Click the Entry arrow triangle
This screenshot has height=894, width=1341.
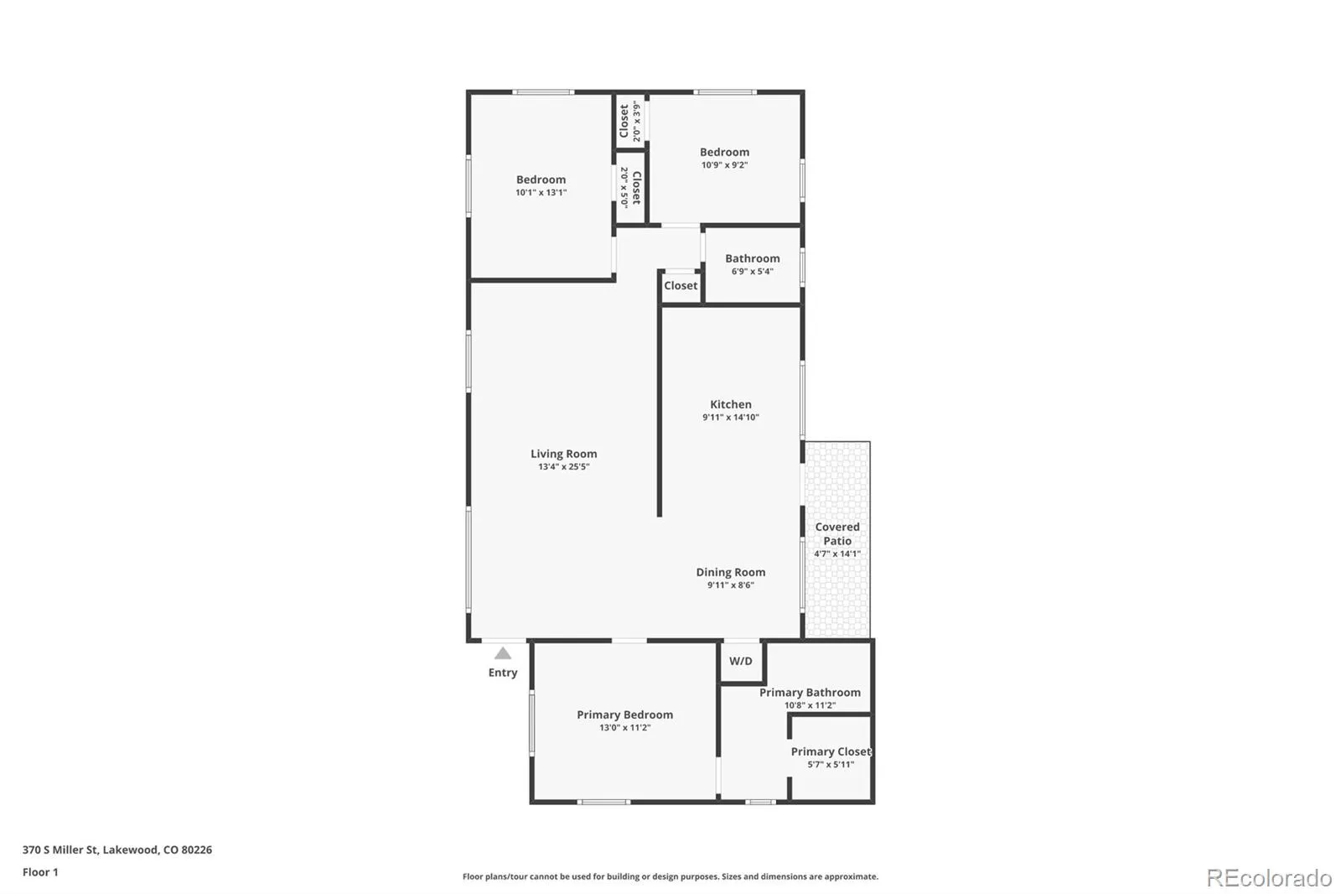[x=503, y=653]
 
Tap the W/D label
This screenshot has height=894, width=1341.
[x=741, y=661]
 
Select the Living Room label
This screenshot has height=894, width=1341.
[x=563, y=454]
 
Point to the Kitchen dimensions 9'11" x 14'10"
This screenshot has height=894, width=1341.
[x=730, y=417]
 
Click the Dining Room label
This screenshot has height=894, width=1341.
[x=730, y=572]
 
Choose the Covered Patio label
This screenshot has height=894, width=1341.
[x=837, y=534]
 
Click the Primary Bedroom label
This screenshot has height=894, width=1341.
[x=625, y=715]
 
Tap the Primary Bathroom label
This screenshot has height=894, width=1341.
[x=810, y=693]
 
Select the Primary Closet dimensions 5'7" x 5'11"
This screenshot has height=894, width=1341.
[x=831, y=765]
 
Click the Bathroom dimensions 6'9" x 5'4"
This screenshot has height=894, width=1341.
[x=753, y=272]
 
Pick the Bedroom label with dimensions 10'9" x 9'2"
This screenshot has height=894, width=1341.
[x=724, y=152]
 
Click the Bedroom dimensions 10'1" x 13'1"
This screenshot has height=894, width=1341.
[x=541, y=192]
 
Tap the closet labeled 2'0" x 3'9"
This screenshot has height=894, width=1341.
[x=629, y=122]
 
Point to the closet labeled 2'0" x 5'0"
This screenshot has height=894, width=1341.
[x=630, y=188]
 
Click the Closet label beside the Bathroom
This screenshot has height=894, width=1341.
[x=681, y=286]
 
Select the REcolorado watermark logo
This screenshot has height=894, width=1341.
[x=1269, y=878]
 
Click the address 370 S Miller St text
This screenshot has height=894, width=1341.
[x=60, y=850]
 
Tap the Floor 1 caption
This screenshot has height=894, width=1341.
[x=41, y=872]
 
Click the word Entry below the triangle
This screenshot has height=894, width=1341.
[x=503, y=673]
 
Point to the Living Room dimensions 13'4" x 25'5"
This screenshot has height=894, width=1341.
[x=563, y=467]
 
